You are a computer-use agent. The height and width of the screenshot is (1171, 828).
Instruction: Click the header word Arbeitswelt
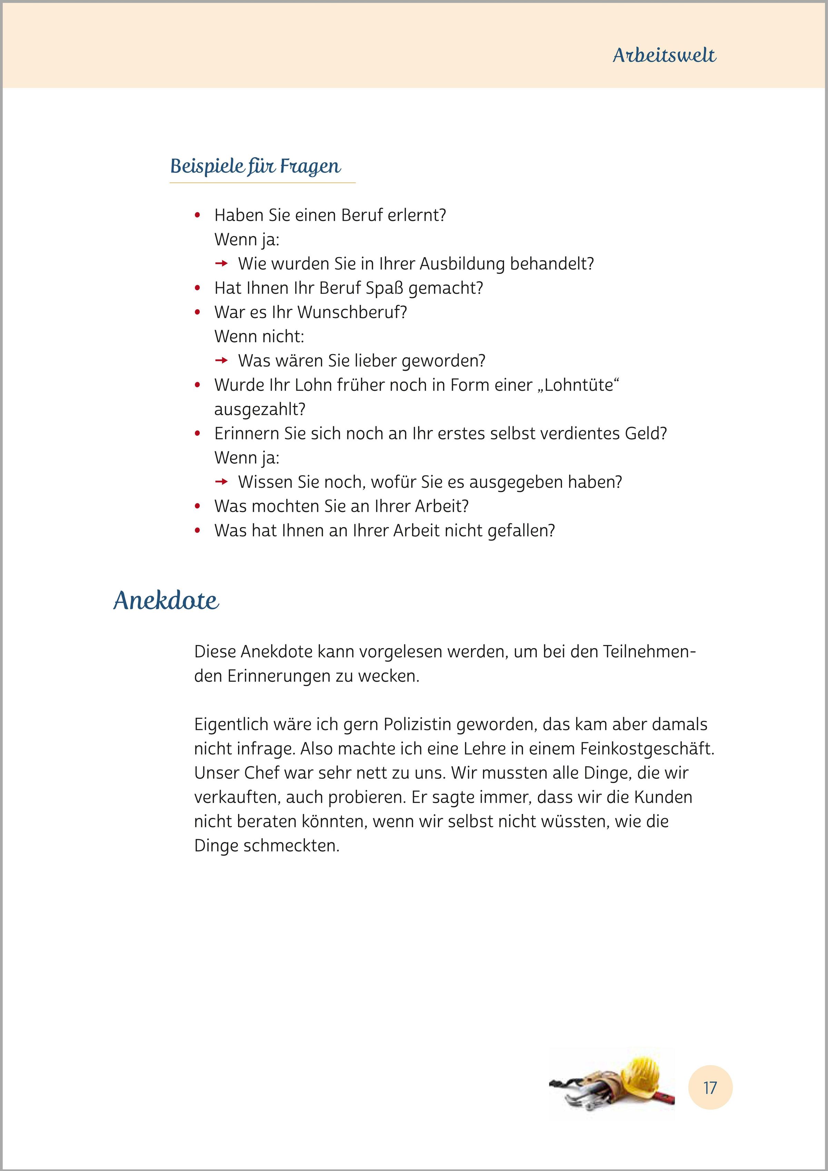[x=664, y=55]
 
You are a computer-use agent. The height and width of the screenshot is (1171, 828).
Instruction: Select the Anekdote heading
[x=166, y=600]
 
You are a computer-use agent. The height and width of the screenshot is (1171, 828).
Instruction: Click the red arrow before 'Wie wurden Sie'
[x=221, y=264]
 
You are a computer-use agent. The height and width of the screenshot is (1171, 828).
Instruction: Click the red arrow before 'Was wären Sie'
[x=221, y=360]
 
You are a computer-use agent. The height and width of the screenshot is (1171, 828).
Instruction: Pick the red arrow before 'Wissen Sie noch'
[x=221, y=482]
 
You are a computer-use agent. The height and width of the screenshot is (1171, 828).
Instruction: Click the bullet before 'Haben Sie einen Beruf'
[x=197, y=216]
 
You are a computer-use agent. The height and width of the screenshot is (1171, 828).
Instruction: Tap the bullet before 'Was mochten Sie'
[x=197, y=506]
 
